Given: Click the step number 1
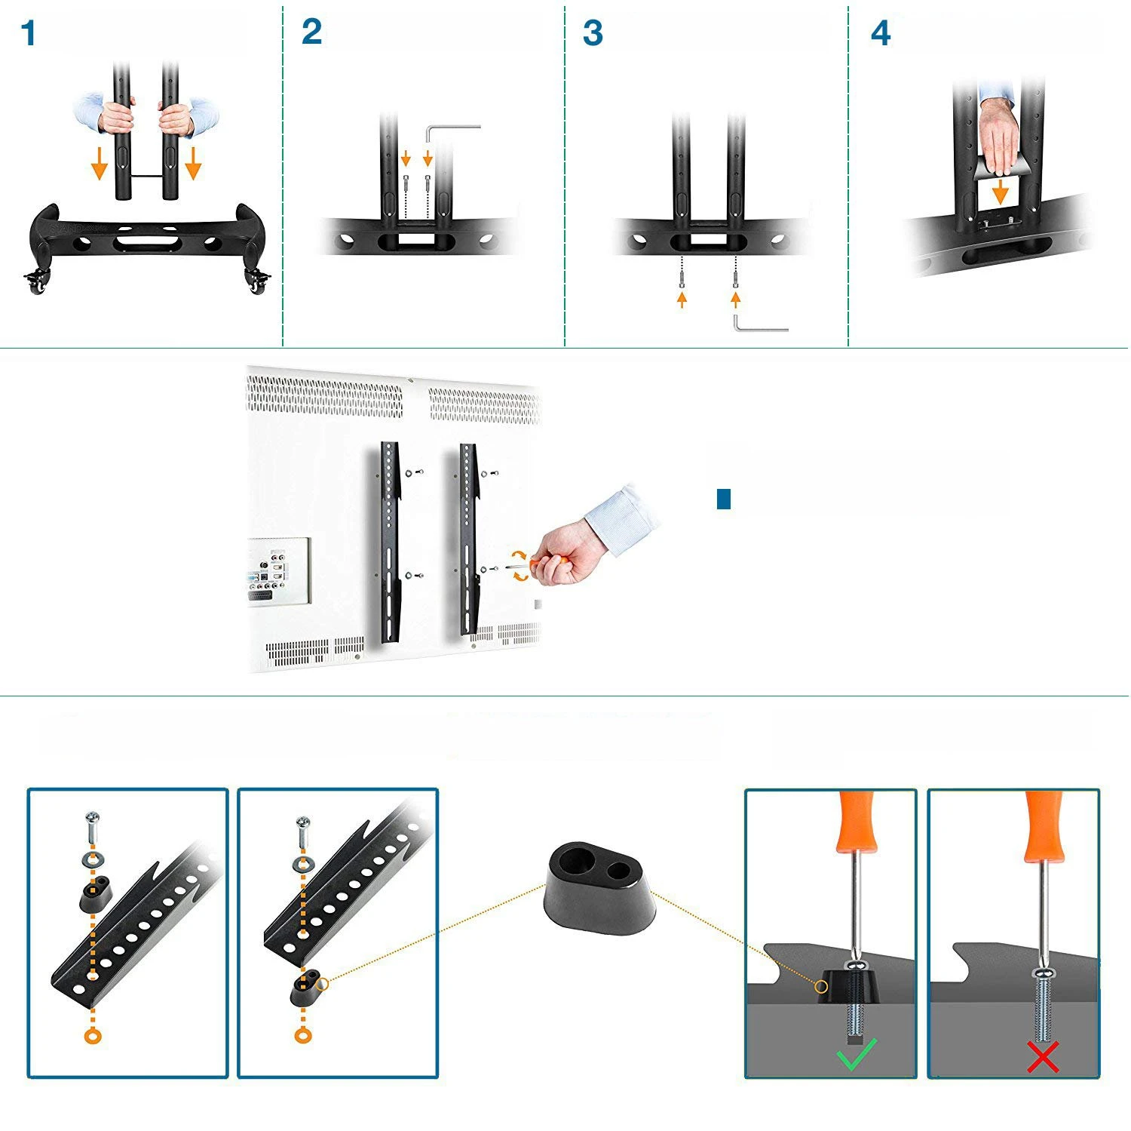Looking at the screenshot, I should [x=28, y=34].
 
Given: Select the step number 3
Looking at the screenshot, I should [x=593, y=34].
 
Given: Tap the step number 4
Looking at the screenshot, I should [x=880, y=34].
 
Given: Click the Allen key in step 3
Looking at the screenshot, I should [x=757, y=326].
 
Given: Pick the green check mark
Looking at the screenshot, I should [x=857, y=1054].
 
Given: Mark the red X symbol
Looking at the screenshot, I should [x=1043, y=1056].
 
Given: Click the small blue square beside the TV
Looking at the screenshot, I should [x=724, y=499].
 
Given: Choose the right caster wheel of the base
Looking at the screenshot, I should [x=257, y=283].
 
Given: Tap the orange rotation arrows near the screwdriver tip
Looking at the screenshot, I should [x=519, y=565].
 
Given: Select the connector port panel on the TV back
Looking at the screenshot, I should [x=279, y=570].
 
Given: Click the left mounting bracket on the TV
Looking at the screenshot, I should [x=390, y=542].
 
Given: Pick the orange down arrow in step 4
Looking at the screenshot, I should [x=1000, y=192].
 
